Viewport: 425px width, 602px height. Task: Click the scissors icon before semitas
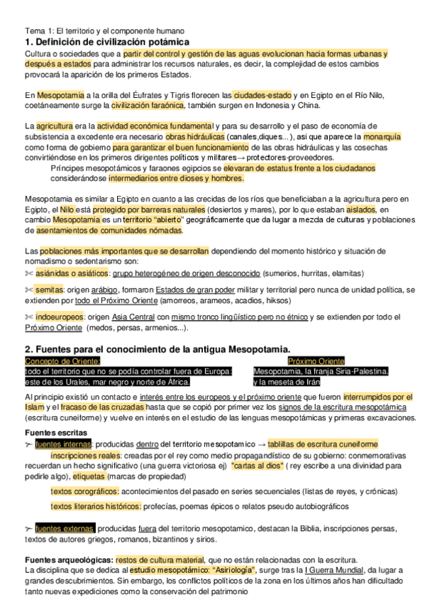pos(29,290)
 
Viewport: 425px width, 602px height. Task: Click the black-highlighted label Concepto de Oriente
pos(63,361)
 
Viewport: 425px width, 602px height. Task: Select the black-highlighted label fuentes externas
pos(64,528)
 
